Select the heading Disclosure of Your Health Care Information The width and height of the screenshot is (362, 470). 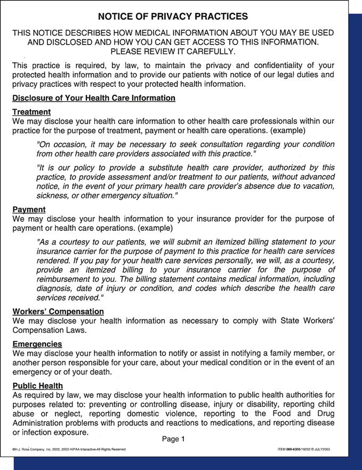[x=93, y=98]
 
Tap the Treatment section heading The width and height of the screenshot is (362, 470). [x=31, y=112]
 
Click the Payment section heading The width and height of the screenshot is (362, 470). [x=29, y=209]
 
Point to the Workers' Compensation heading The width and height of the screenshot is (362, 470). [x=58, y=311]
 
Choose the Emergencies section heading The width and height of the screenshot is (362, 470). [x=37, y=344]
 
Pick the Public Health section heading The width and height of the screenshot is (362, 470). [x=37, y=385]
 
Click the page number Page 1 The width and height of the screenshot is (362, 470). [x=173, y=439]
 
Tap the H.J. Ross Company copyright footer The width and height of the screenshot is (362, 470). [x=69, y=449]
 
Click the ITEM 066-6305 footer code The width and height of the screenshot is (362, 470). [x=304, y=449]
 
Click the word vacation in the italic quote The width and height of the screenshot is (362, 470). [x=316, y=185]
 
